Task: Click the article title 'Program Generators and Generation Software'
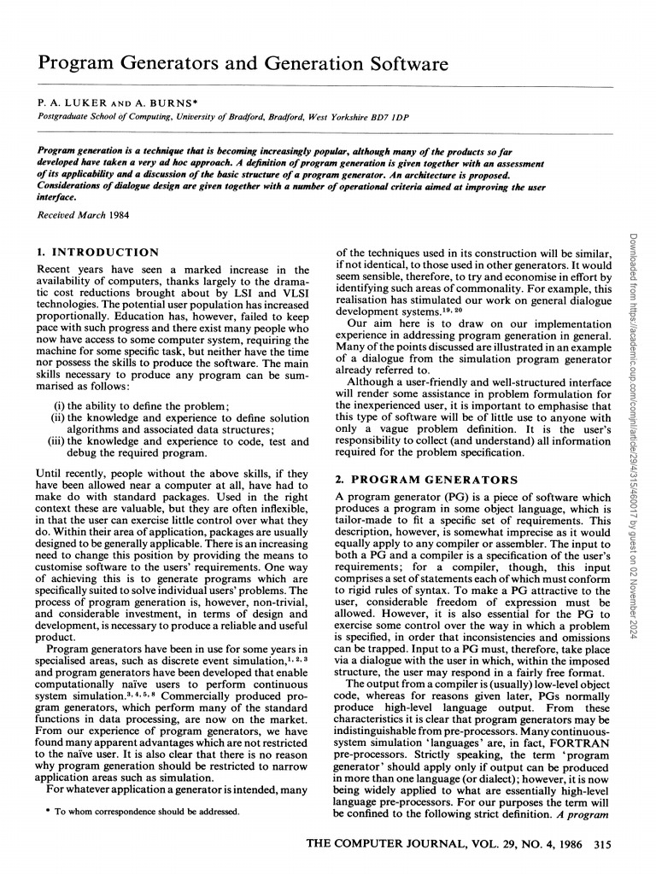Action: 243,65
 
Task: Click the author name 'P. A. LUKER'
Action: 68,102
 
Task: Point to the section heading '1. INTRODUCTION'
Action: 98,253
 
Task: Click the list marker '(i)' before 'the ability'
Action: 60,405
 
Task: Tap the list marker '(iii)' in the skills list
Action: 56,441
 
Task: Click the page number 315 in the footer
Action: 602,845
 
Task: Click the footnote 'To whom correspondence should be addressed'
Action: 148,812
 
